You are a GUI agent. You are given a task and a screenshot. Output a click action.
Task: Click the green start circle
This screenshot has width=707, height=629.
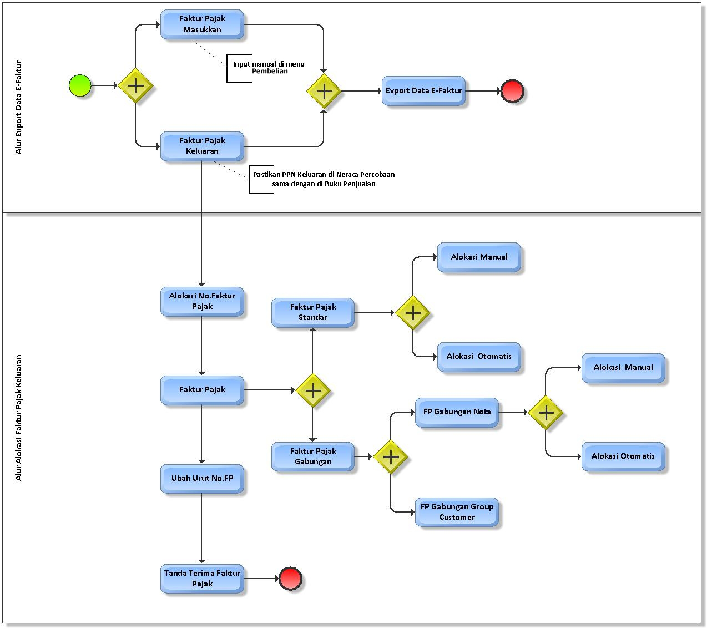click(80, 85)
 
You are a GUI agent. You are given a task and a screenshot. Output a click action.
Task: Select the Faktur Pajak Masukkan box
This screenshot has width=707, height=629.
click(202, 24)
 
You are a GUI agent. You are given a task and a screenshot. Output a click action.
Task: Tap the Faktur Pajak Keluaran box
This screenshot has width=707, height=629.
click(202, 146)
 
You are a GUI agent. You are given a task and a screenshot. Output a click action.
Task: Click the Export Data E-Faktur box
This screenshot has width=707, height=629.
click(423, 90)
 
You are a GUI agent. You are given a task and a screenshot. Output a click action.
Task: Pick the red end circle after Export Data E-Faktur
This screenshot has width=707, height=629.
click(512, 91)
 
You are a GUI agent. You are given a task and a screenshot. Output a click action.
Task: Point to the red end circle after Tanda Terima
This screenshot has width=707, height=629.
click(290, 579)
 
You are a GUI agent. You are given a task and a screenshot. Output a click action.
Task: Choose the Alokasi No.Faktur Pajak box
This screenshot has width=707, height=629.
click(202, 301)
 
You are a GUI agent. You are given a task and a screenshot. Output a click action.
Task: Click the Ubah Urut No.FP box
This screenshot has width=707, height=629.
click(202, 478)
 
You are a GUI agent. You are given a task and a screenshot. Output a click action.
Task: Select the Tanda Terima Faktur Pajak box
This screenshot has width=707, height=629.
click(202, 579)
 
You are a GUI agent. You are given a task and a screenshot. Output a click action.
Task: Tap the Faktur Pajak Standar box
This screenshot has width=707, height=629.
click(313, 312)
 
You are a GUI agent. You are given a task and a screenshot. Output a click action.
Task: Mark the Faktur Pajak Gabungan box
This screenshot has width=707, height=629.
click(313, 456)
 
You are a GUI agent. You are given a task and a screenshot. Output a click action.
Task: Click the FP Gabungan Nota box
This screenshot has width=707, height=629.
click(457, 412)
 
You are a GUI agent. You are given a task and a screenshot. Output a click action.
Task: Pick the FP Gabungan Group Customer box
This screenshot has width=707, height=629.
click(457, 512)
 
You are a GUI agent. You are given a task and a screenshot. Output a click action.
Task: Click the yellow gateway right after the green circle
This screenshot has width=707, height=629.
click(135, 86)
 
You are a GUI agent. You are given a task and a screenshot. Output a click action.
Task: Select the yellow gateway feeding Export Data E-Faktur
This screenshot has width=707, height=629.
click(324, 91)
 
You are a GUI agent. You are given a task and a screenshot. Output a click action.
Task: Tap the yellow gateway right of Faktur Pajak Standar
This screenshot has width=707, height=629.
click(413, 313)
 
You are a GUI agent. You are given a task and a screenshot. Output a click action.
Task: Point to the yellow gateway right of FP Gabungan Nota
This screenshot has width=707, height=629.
click(546, 413)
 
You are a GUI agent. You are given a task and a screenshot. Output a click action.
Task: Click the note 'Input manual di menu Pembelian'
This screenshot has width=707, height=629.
click(269, 68)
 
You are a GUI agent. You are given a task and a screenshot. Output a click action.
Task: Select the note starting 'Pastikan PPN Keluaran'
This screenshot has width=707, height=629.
click(324, 179)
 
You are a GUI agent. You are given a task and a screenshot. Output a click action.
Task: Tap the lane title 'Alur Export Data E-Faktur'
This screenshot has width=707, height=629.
click(19, 107)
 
